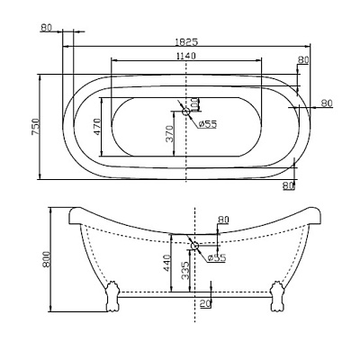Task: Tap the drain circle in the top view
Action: click(186, 112)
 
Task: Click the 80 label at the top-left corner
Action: click(48, 28)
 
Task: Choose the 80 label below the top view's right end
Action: click(288, 185)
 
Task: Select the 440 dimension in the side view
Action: click(166, 263)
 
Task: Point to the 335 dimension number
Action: click(185, 271)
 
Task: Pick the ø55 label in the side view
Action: click(217, 258)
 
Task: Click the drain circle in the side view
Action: click(194, 244)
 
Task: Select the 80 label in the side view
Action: click(223, 219)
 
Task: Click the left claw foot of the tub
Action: click(112, 295)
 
